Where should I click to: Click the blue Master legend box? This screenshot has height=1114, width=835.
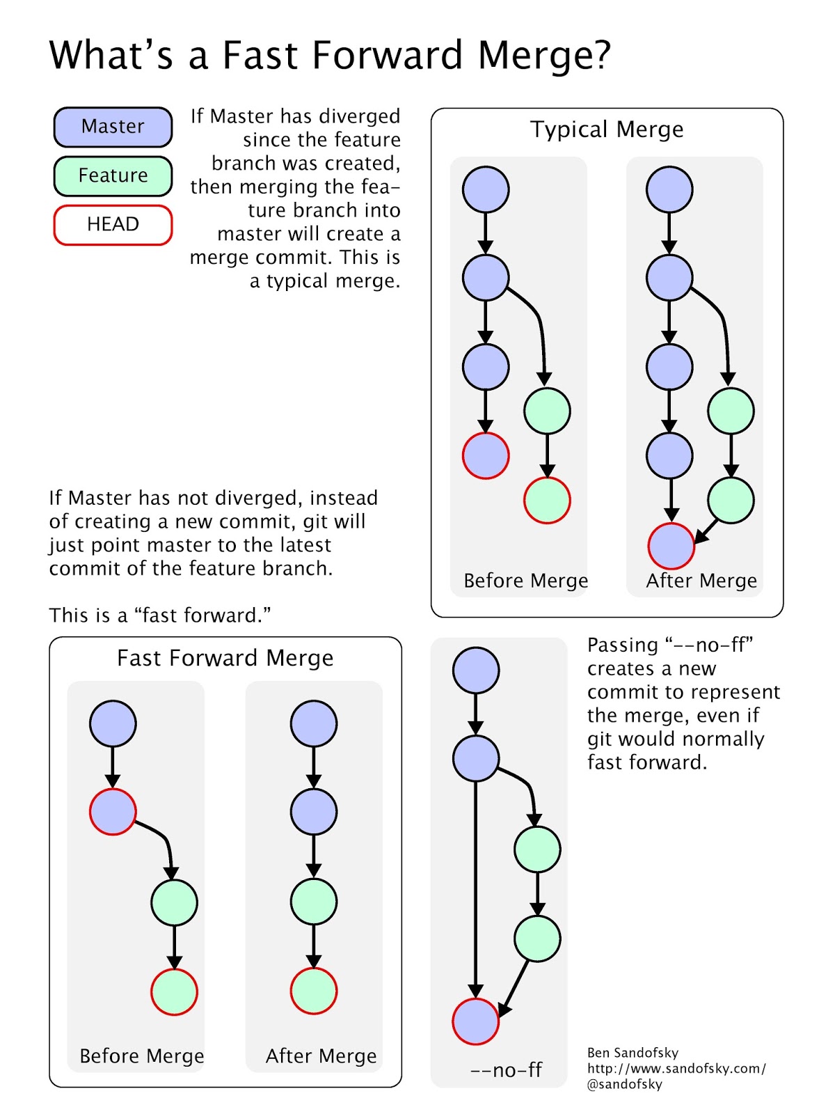113,127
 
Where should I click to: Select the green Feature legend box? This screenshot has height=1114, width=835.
113,175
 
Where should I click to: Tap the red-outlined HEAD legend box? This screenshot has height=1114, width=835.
113,224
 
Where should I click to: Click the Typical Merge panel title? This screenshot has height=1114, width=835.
607,130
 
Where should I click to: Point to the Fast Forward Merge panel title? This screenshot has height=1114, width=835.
225,659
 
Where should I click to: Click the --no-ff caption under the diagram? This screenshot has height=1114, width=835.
506,1070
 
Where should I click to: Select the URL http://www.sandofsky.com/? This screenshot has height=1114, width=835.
676,1069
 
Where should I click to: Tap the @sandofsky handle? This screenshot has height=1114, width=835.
624,1084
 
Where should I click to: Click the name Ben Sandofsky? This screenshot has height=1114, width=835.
633,1053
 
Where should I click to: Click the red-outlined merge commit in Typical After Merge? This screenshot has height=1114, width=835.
671,546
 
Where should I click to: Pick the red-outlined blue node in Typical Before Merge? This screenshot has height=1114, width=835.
486,456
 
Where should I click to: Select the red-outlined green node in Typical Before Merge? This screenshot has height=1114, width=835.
547,501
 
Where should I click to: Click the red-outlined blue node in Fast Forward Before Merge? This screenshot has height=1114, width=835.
113,812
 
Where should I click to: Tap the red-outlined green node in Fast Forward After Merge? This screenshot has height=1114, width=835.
314,991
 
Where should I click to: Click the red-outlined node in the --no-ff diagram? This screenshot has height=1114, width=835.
476,1021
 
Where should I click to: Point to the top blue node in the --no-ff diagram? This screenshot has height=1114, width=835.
476,670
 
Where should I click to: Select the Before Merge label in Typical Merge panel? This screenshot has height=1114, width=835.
525,581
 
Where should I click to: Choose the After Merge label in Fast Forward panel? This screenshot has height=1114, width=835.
321,1056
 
